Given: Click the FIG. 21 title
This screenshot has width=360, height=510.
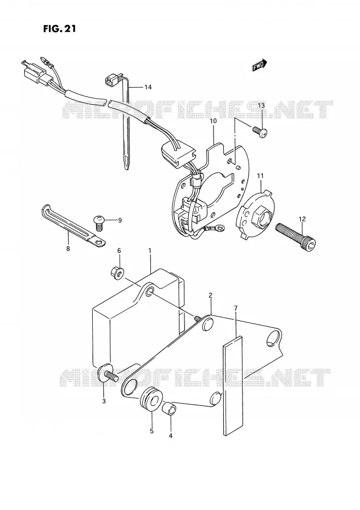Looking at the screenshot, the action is click(x=59, y=29).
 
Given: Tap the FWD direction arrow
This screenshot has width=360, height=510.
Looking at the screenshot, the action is click(x=260, y=65).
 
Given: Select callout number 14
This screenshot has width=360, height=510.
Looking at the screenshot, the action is click(x=148, y=87).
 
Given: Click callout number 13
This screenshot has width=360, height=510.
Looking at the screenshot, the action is click(x=261, y=105).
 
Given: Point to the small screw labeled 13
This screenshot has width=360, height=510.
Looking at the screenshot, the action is click(x=260, y=131).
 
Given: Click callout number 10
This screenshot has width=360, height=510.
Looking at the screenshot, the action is click(x=213, y=121).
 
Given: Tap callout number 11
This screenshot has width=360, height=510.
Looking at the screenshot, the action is click(x=261, y=176).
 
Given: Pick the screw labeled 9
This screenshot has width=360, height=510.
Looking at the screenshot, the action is click(x=98, y=221).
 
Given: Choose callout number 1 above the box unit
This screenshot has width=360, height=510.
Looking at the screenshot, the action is click(x=150, y=251).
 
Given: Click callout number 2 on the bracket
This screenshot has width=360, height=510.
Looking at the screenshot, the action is click(x=210, y=296).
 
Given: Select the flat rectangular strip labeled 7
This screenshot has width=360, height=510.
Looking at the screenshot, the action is click(x=233, y=386).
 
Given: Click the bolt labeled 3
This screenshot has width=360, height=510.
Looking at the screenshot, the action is click(x=107, y=375).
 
